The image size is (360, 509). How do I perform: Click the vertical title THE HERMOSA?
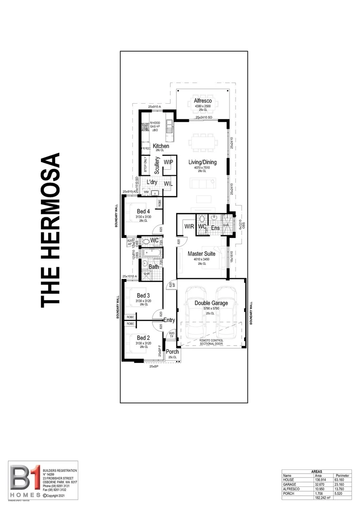pyautogui.click(x=51, y=230)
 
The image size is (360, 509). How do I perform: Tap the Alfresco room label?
pyautogui.click(x=203, y=101)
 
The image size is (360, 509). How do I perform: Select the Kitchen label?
pyautogui.click(x=161, y=146)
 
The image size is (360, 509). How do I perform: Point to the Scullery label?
pyautogui.click(x=157, y=166)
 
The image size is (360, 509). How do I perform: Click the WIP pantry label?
pyautogui.click(x=168, y=163)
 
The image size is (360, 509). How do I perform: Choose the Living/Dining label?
pyautogui.click(x=203, y=163)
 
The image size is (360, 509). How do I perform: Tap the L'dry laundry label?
pyautogui.click(x=152, y=182)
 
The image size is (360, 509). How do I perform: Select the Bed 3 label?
pyautogui.click(x=143, y=296)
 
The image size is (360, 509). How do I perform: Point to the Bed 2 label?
pyautogui.click(x=143, y=338)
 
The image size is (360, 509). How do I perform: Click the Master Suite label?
pyautogui.click(x=202, y=254)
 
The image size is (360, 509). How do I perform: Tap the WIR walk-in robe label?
pyautogui.click(x=189, y=227)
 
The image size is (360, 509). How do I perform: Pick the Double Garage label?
pyautogui.click(x=211, y=303)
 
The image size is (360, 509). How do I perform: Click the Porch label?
pyautogui.click(x=172, y=352)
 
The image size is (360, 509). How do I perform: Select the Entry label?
pyautogui.click(x=169, y=320)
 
